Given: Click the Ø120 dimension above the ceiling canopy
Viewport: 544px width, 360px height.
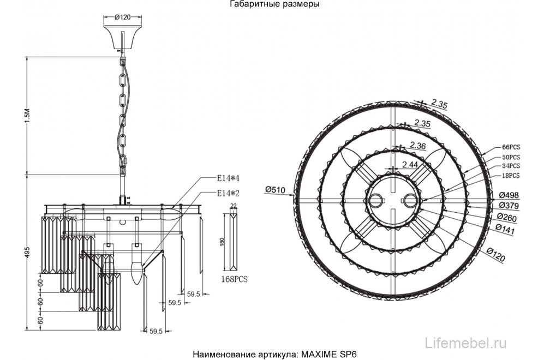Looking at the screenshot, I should coord(122,17).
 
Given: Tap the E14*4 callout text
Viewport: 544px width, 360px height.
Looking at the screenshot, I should coord(229,178).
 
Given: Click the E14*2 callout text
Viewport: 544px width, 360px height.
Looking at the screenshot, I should coord(229,193).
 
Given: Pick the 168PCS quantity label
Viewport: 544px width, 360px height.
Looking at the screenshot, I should coord(234,279).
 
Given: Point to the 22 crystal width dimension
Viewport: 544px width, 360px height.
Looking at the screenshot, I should coord(234,206).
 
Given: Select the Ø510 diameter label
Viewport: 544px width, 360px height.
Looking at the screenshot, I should coord(276,189).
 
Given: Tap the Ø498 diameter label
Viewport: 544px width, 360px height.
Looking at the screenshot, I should coord(509,195).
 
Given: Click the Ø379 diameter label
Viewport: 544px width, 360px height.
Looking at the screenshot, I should coord(509,206).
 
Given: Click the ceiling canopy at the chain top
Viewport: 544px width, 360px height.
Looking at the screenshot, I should coord(122,35).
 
